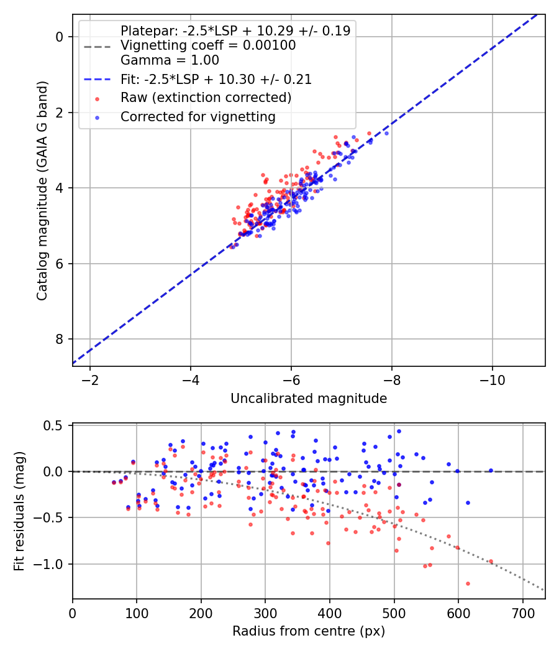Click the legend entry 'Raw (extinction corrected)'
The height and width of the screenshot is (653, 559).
(x=206, y=98)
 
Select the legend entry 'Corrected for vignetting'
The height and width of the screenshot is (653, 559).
(x=198, y=116)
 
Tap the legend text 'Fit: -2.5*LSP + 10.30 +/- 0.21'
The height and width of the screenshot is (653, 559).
(x=216, y=79)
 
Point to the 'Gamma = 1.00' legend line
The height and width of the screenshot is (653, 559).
(x=170, y=60)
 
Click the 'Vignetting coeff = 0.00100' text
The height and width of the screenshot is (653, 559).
(x=208, y=45)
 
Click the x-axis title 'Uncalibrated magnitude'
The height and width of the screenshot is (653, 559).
(x=309, y=399)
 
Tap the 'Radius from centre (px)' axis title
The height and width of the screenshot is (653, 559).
(x=309, y=631)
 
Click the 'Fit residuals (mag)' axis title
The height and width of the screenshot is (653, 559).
(x=19, y=511)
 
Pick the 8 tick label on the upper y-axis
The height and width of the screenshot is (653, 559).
(x=60, y=339)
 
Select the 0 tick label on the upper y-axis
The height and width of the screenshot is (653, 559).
(x=60, y=37)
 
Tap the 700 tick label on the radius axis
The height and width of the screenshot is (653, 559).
(x=522, y=611)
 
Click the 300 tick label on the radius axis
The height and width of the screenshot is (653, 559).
(x=265, y=611)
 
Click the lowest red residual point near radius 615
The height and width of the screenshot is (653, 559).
(x=468, y=583)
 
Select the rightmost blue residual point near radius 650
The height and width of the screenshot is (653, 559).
(x=491, y=471)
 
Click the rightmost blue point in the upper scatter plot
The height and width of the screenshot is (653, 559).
(x=386, y=133)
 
